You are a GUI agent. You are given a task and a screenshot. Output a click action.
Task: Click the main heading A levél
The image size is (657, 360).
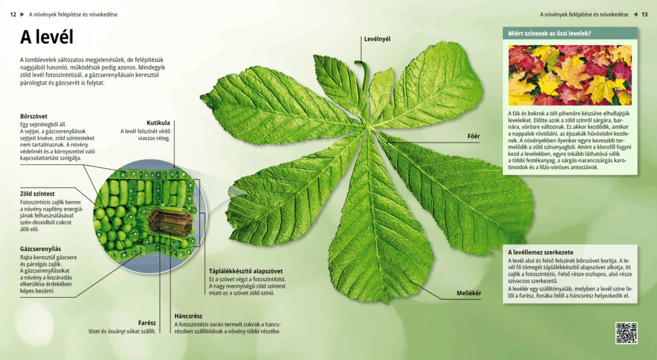point(46,38)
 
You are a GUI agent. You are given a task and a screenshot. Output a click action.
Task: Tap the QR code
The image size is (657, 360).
point(626,333)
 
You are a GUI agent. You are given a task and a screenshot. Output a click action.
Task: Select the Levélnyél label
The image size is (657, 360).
point(377,39)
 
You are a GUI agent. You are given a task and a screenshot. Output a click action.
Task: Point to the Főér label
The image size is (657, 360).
point(473,136)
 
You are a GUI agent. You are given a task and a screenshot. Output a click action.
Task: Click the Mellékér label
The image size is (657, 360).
point(469,293)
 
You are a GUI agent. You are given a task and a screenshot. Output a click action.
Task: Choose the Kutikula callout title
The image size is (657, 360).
point(158,123)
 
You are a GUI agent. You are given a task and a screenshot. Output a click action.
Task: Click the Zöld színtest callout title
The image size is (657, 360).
point(37,194)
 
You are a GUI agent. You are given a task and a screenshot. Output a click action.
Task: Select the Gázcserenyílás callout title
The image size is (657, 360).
point(41,249)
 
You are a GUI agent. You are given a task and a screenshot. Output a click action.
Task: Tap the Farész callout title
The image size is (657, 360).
point(147,322)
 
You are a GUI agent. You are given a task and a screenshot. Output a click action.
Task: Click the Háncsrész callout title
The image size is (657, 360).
point(188,316)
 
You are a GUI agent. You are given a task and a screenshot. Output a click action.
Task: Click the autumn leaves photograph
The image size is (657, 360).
point(570,75)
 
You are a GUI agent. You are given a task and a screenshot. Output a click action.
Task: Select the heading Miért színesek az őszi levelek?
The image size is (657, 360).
point(549,33)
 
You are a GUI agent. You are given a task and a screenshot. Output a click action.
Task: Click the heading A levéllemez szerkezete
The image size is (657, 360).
point(540,252)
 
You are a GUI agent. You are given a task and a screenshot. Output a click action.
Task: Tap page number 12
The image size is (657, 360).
point(13,14)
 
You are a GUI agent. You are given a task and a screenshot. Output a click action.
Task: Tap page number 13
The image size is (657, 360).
point(645,14)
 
